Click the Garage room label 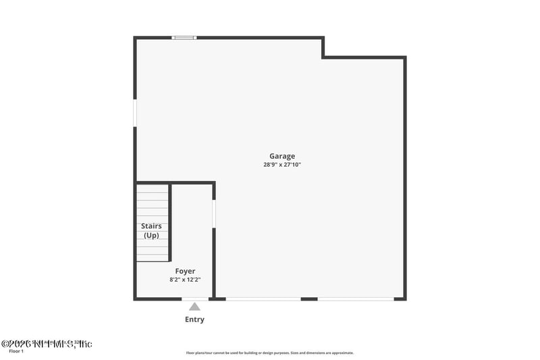pyautogui.click(x=282, y=156)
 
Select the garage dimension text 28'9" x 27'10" pyautogui.click(x=282, y=165)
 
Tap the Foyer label pyautogui.click(x=185, y=271)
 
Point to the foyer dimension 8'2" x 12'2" pyautogui.click(x=185, y=280)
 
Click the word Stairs pyautogui.click(x=151, y=226)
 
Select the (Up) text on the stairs pyautogui.click(x=151, y=235)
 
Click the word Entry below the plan pyautogui.click(x=194, y=319)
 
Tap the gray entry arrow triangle pyautogui.click(x=194, y=307)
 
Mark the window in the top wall pyautogui.click(x=184, y=38)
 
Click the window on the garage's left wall pyautogui.click(x=135, y=113)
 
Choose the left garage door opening pyautogui.click(x=263, y=299)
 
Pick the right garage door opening pyautogui.click(x=355, y=299)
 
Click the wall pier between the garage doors pyautogui.click(x=309, y=299)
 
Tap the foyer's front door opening pyautogui.click(x=195, y=299)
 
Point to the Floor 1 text pyautogui.click(x=16, y=351)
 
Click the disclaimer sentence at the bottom pyautogui.click(x=270, y=353)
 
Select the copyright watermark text pyautogui.click(x=47, y=344)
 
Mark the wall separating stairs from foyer pyautogui.click(x=170, y=223)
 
